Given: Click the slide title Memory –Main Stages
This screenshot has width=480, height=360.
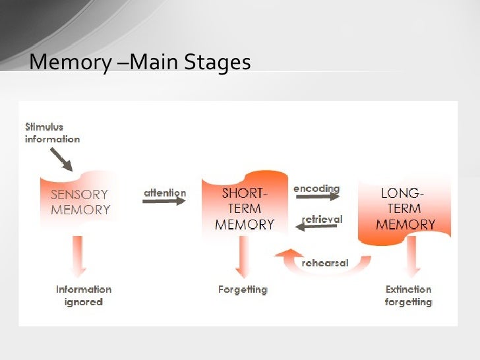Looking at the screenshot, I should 140,62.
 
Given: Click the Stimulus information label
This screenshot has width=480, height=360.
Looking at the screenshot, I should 52,133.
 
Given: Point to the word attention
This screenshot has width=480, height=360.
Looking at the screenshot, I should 165,193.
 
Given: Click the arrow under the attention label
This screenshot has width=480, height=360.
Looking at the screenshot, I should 164,201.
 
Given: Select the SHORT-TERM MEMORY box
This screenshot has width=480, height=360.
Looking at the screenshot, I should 245,207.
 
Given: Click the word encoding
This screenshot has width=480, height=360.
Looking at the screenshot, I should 316,188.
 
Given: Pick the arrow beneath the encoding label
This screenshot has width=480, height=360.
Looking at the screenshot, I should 316,196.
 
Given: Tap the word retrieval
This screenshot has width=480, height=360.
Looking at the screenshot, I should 322,218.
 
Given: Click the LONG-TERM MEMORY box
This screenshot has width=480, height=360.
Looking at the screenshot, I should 405,209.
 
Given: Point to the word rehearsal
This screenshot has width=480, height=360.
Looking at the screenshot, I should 325,262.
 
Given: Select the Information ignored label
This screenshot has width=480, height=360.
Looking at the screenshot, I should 84,295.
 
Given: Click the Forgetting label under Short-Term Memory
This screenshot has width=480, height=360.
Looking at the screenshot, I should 243,289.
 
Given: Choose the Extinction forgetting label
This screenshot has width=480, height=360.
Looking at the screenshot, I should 408,295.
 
